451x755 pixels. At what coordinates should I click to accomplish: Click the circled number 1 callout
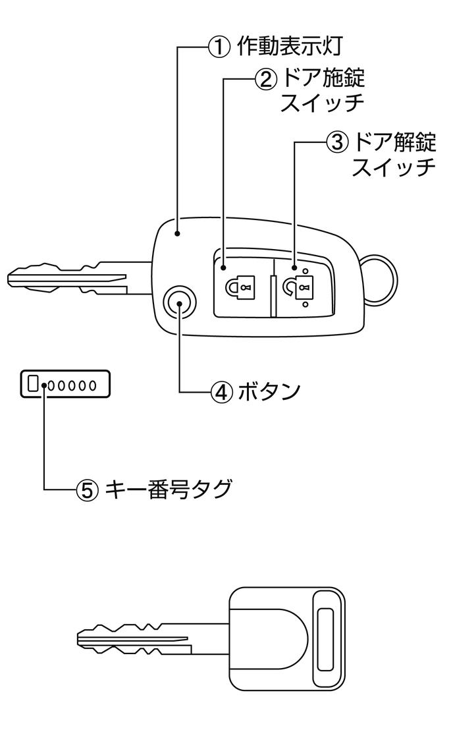[218, 46]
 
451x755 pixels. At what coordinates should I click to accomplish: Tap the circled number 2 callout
[264, 79]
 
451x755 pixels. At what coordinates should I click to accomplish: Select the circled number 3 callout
[336, 141]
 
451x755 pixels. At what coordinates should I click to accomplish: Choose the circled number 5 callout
[88, 489]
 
